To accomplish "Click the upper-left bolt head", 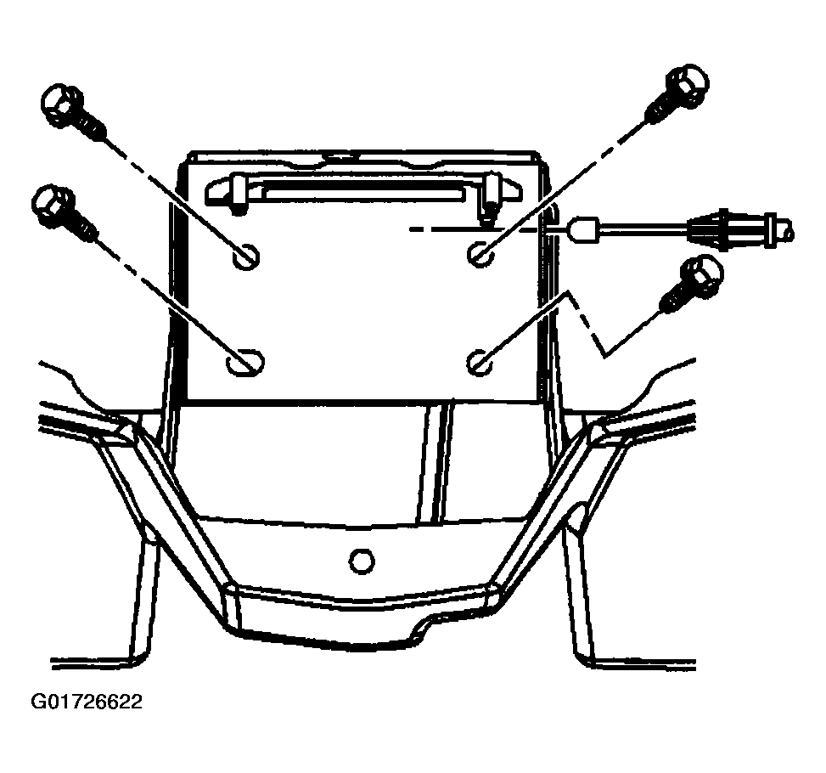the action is coord(61,103).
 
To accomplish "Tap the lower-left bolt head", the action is coord(53,204).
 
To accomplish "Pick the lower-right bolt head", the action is coord(702,274).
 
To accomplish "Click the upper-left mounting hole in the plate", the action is coord(246,257).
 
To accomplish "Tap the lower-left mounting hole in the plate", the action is coord(245,362).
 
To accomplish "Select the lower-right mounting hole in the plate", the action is coord(480,362).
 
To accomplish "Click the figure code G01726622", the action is coord(87,702).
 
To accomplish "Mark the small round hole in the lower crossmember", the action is coord(362,560).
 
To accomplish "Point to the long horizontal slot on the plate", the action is coord(363,189).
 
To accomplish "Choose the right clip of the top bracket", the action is coord(492,196).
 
